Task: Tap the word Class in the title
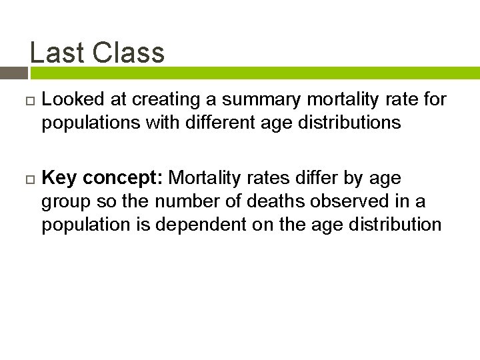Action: click(x=129, y=53)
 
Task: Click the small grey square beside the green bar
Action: click(x=13, y=73)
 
